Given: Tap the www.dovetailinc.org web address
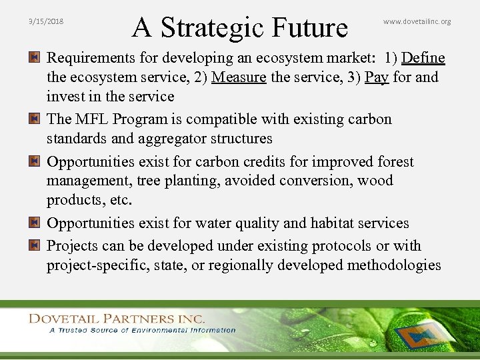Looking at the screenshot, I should pyautogui.click(x=417, y=21).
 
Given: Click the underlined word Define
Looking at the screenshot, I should pyautogui.click(x=423, y=58).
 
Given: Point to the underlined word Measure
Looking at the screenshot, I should pyautogui.click(x=239, y=77).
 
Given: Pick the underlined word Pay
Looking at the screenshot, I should pyautogui.click(x=377, y=77).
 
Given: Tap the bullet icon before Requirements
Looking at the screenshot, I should pyautogui.click(x=33, y=58).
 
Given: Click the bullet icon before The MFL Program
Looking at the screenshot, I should pyautogui.click(x=33, y=119).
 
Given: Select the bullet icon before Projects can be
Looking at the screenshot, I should pyautogui.click(x=33, y=246).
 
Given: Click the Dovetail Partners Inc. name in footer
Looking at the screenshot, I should pyautogui.click(x=116, y=319).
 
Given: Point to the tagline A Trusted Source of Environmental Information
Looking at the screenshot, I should pyautogui.click(x=142, y=330).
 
